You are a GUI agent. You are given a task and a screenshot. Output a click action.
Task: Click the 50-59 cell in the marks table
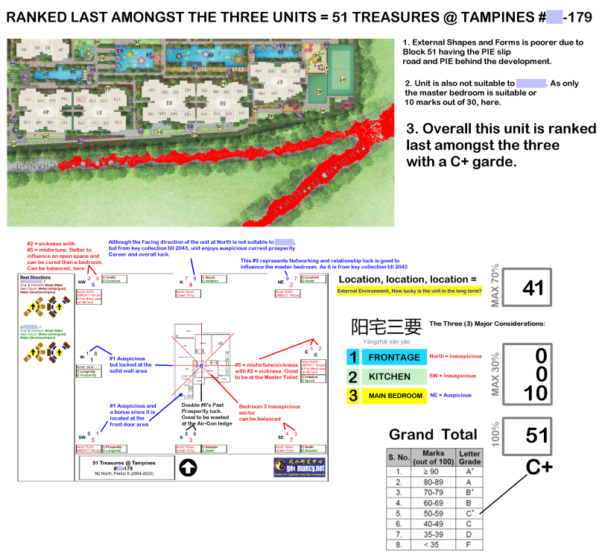(434, 513)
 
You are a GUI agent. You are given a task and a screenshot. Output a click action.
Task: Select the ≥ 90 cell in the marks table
(434, 472)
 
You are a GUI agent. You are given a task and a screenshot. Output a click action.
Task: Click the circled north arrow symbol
(189, 468)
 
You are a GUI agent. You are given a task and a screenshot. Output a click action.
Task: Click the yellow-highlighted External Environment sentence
(408, 291)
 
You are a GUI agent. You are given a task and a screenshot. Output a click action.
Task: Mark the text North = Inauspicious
(456, 356)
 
